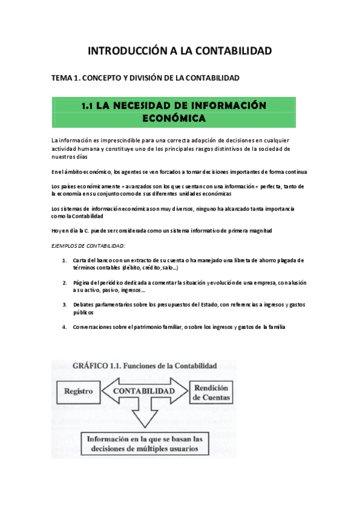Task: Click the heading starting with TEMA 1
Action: (x=145, y=78)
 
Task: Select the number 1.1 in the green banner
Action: (x=88, y=106)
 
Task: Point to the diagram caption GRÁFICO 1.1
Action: (x=144, y=365)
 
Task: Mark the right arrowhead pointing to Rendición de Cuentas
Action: (x=181, y=391)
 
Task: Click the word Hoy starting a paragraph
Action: (x=56, y=231)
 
